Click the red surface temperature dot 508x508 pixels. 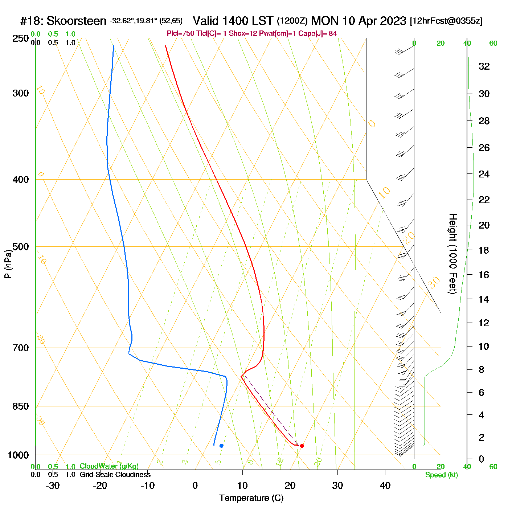point(302,446)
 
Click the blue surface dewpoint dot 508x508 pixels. point(221,446)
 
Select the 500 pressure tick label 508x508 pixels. point(21,247)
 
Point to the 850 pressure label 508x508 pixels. point(21,406)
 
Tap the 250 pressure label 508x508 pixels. point(21,38)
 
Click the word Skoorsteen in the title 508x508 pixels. point(76,21)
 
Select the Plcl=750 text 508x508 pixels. point(180,34)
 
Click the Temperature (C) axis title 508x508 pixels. point(251,498)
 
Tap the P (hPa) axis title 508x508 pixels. point(8,264)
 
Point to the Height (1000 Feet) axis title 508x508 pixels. point(452,254)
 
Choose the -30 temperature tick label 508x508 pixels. point(53,486)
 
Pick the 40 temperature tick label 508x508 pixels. point(385,486)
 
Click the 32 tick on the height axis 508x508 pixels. point(484,66)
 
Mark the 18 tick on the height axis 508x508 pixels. point(484,250)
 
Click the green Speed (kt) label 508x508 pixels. point(442,475)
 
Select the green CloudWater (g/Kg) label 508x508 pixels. point(109,466)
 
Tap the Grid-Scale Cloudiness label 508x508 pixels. point(115,475)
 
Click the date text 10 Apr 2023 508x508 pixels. point(374,21)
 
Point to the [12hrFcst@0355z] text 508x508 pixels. point(446,21)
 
